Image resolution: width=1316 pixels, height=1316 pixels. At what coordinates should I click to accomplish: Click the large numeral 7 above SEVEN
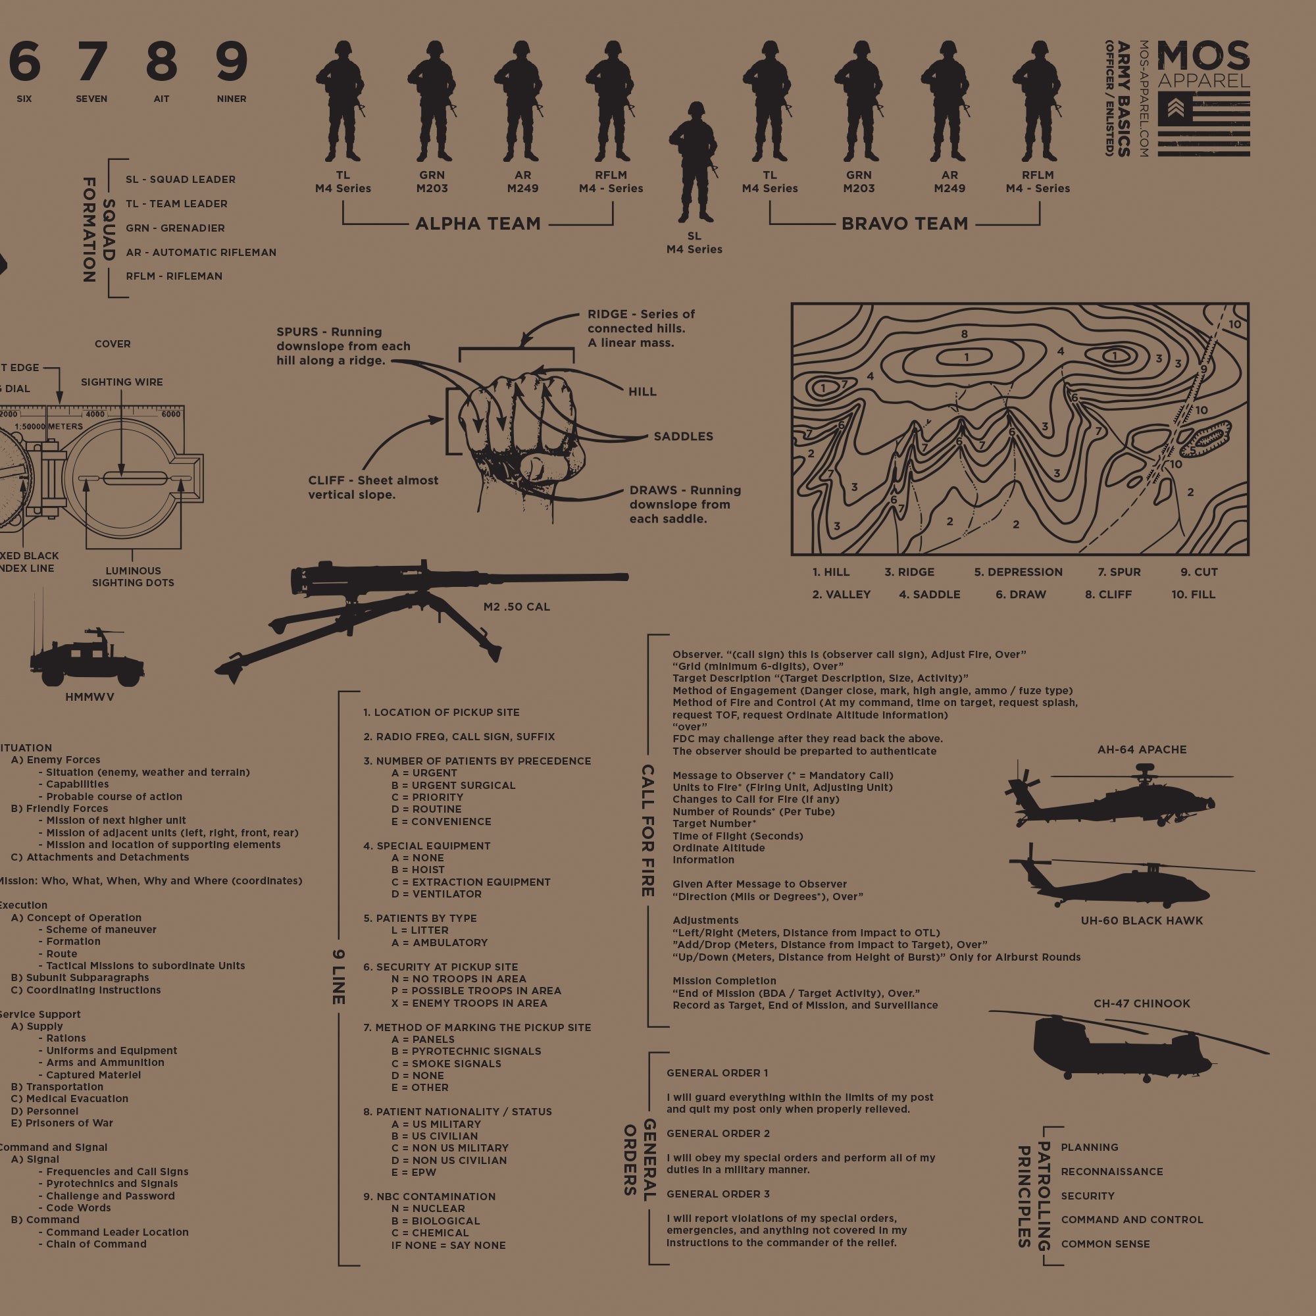[92, 62]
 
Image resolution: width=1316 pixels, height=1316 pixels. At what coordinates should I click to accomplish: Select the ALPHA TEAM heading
[478, 224]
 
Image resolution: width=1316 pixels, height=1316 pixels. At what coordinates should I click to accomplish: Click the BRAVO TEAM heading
[905, 224]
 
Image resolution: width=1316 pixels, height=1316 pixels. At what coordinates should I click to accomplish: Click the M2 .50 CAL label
[517, 607]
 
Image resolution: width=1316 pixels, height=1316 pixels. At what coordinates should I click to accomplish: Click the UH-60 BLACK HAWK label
[1142, 921]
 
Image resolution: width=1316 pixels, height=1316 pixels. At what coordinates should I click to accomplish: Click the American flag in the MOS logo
[1203, 124]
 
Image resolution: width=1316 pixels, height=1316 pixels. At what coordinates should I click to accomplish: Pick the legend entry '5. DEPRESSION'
[1019, 572]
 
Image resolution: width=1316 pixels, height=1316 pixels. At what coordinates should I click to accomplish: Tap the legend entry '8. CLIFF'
[1108, 595]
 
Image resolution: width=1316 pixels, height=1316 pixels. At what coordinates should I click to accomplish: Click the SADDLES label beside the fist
[683, 437]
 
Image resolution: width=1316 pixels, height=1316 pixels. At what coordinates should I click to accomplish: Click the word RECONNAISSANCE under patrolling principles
[1111, 1172]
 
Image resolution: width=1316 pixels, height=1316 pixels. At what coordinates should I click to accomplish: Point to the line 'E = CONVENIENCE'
[441, 821]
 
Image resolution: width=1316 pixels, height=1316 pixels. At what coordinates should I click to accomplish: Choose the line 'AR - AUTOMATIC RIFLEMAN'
[201, 252]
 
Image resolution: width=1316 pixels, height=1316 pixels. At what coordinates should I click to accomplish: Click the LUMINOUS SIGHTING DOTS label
[133, 577]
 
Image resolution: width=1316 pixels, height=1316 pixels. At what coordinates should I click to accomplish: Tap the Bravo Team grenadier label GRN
[859, 175]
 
